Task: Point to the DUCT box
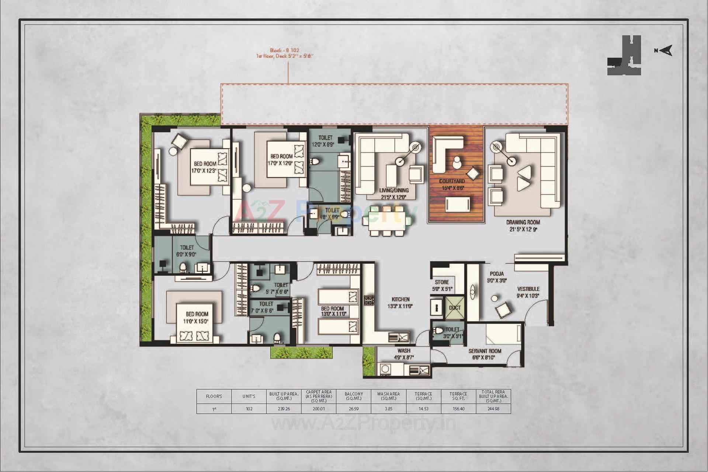pos(454,308)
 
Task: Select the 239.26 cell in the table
pos(284,409)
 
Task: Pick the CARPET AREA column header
pos(319,396)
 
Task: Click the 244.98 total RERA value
pos(493,409)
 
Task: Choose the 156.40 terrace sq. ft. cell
pos(458,409)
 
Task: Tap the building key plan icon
pos(624,55)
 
